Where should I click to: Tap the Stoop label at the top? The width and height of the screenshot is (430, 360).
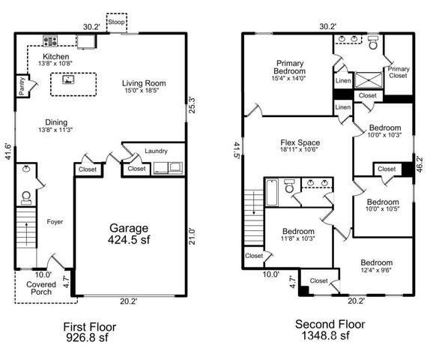[116, 22]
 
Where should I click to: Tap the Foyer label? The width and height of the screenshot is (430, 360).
[55, 221]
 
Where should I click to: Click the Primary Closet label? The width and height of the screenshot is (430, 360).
[398, 72]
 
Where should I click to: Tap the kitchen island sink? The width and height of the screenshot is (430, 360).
[70, 78]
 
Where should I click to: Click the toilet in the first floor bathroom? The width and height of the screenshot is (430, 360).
[27, 197]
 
